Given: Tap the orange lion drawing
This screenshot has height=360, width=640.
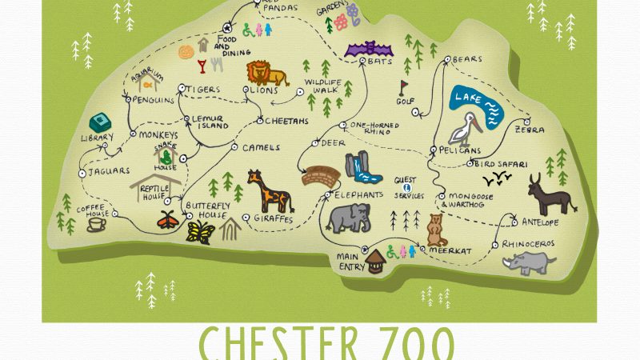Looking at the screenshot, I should (x=266, y=74).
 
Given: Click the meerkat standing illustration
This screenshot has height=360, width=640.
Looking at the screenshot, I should (x=435, y=230).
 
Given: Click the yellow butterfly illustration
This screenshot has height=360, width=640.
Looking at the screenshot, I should (x=200, y=232).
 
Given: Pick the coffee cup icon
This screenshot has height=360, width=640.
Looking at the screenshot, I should (x=96, y=224).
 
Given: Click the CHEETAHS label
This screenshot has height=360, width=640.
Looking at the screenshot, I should (x=286, y=122).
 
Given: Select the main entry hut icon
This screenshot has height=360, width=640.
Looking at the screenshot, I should (x=374, y=261).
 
